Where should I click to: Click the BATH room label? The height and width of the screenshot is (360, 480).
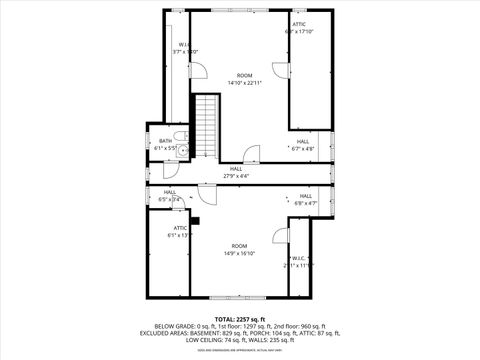point(165,141)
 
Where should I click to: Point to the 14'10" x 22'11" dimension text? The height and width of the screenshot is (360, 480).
point(244,83)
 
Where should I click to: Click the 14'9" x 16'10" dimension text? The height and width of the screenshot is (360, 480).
point(239,253)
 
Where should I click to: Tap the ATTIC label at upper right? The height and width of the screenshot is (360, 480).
point(298,24)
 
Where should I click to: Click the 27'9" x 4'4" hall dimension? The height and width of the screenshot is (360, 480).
point(236,176)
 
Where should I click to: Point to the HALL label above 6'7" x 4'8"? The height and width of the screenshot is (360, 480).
point(303,141)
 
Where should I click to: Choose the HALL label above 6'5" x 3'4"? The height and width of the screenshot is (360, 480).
point(170,192)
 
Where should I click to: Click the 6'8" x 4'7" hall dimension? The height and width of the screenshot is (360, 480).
point(305,203)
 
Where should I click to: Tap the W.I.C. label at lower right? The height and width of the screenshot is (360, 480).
point(298,258)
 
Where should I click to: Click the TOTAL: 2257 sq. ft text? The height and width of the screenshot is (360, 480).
point(239,319)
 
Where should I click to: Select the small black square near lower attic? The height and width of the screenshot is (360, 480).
point(197,220)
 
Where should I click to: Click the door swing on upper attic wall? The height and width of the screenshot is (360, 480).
point(279,69)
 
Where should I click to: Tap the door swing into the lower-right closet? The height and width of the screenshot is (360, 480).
point(279,237)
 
